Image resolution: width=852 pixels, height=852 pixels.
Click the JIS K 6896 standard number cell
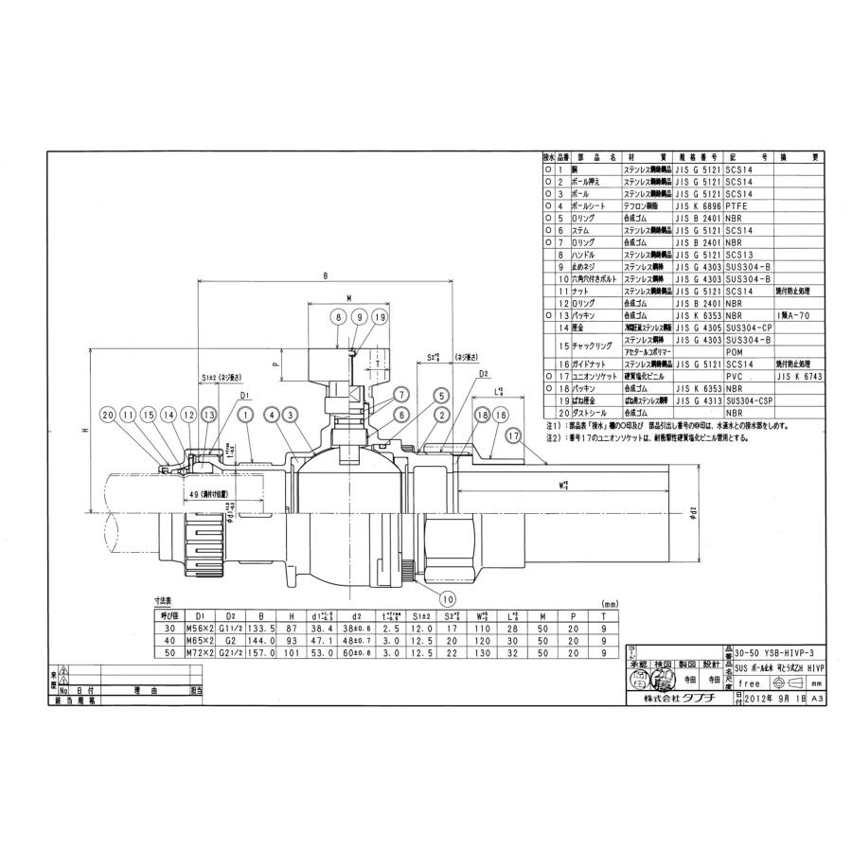click(699, 204)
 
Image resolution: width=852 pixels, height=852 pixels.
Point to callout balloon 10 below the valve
click(448, 597)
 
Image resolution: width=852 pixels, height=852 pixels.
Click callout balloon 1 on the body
click(245, 414)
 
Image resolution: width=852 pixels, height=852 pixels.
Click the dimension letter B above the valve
click(325, 276)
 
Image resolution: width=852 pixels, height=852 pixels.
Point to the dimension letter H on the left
click(84, 430)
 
